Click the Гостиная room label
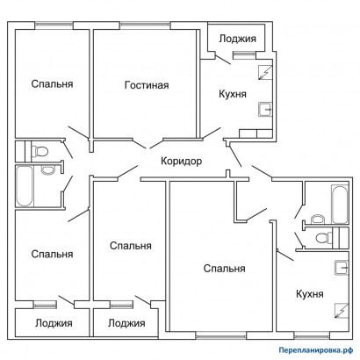click(147, 85)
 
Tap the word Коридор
click(182, 161)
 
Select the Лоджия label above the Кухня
click(237, 39)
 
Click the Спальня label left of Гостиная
click(52, 84)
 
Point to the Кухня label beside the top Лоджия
click(233, 94)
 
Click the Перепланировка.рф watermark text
click(315, 349)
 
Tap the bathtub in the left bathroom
click(25, 186)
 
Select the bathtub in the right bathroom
click(340, 205)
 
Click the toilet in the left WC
click(40, 151)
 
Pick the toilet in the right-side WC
click(324, 237)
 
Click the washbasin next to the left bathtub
click(47, 169)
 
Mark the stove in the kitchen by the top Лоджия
click(265, 73)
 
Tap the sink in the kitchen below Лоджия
click(265, 109)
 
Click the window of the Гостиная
click(145, 25)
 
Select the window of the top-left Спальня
click(54, 25)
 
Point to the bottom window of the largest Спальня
click(221, 335)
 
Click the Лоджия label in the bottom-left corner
click(54, 323)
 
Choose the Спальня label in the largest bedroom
click(225, 269)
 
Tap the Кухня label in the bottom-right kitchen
click(310, 294)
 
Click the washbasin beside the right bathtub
click(318, 219)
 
